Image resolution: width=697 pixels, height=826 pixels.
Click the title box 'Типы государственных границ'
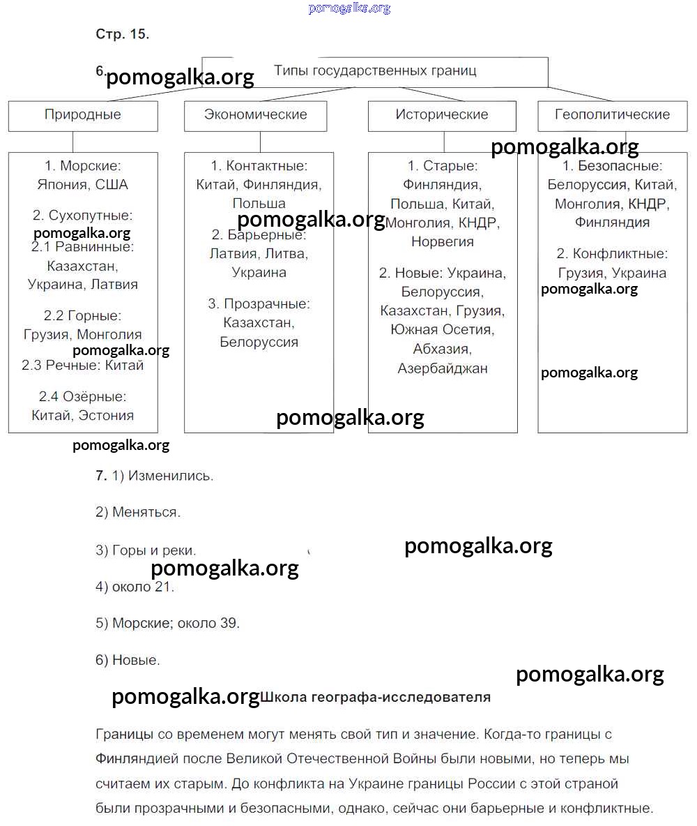point(375,71)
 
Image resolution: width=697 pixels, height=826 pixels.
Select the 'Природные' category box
point(83,115)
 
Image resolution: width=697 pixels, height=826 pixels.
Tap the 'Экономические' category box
point(255,115)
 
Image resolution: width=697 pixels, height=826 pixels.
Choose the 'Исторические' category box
point(442,115)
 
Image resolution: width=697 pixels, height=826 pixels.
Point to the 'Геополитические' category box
point(612,115)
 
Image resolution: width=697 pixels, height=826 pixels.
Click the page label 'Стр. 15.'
point(122,34)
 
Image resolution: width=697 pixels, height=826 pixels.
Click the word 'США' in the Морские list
point(112,185)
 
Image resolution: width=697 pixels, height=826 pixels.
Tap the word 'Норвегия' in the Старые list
point(442,242)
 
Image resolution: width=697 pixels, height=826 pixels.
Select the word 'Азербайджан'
point(442,368)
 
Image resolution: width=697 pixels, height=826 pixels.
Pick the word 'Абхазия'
point(442,350)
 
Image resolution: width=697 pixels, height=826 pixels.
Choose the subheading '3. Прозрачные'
point(259,304)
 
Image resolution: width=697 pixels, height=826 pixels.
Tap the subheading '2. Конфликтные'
point(612,254)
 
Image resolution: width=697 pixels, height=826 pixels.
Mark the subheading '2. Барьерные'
point(259,235)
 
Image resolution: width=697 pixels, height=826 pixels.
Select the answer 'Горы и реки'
point(154,550)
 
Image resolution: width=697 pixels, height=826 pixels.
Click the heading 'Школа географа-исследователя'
point(376,697)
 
